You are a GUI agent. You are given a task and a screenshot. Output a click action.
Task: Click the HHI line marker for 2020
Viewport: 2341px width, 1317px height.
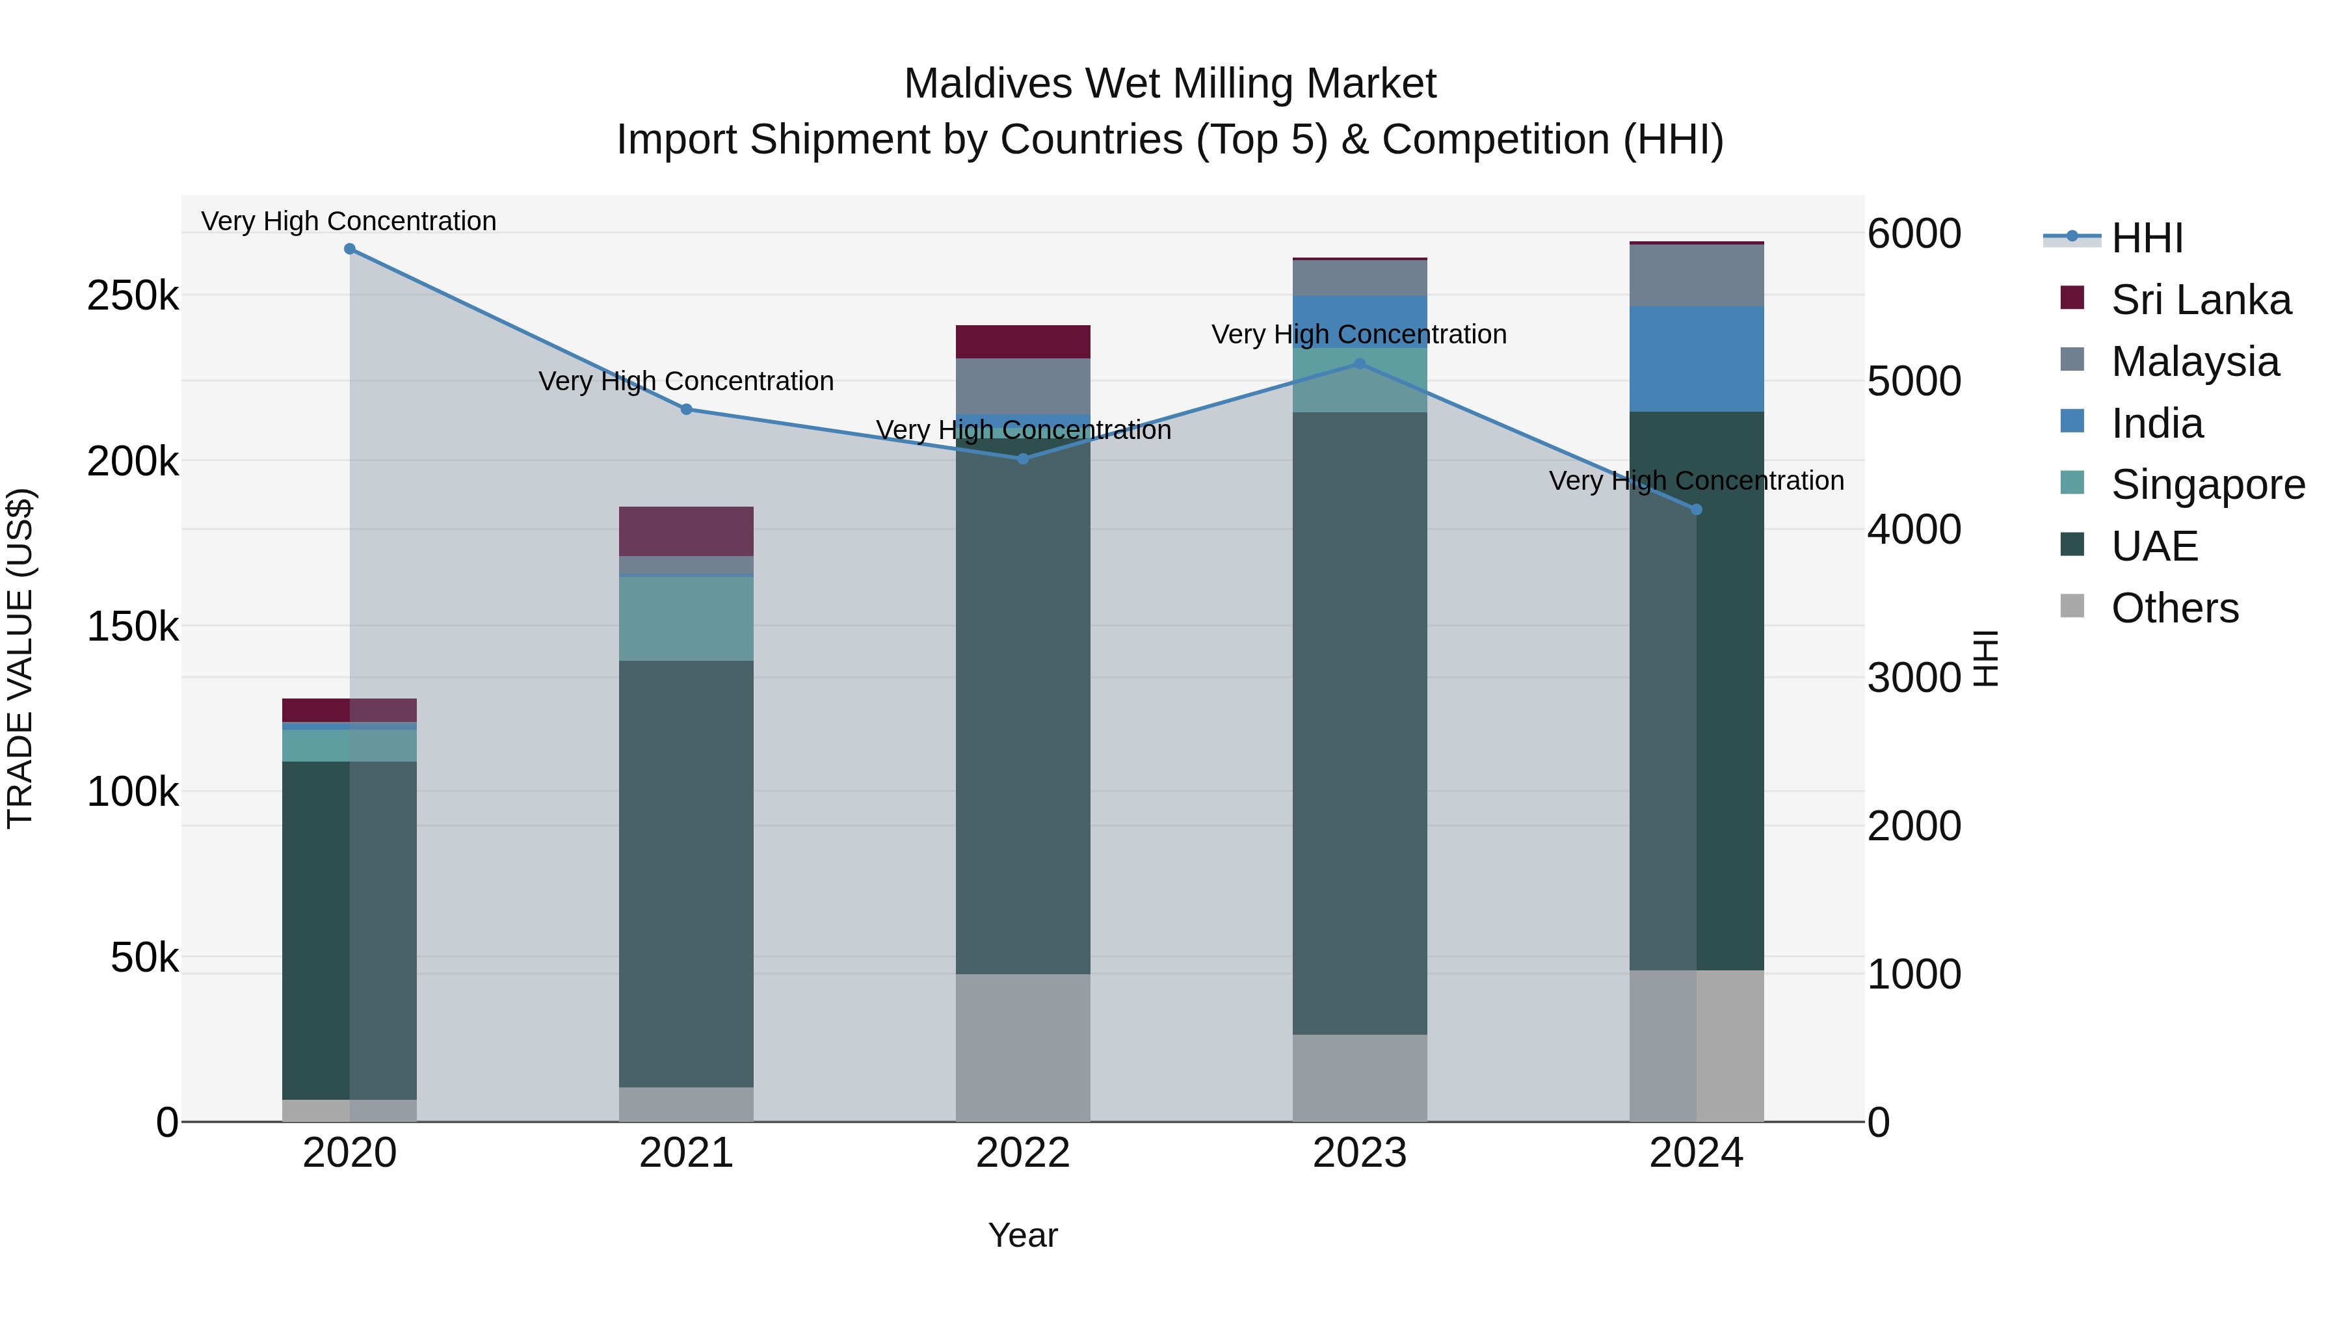click(350, 249)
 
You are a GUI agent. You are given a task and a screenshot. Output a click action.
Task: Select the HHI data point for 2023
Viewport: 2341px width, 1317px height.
click(1360, 364)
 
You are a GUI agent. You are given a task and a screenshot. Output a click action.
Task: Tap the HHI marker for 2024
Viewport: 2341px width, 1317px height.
click(1696, 510)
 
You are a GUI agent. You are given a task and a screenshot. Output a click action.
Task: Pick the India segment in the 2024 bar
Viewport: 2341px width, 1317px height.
click(1696, 359)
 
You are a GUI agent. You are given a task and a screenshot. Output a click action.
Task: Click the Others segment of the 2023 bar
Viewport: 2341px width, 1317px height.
click(1360, 1078)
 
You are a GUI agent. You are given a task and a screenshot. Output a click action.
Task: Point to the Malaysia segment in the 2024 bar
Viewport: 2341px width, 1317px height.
click(1696, 275)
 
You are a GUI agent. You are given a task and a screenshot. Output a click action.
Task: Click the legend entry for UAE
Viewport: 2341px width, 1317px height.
click(2154, 546)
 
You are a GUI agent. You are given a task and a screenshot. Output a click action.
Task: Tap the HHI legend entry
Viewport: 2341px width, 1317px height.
click(2146, 238)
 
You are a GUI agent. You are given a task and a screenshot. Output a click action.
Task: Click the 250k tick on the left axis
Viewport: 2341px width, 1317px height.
click(133, 297)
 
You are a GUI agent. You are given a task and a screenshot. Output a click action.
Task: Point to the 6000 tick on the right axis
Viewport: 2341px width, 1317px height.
click(1913, 233)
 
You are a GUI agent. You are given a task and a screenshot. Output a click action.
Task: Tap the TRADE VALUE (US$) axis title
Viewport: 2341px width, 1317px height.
click(21, 658)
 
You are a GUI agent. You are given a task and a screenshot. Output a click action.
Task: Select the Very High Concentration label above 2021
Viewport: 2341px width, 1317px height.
click(686, 381)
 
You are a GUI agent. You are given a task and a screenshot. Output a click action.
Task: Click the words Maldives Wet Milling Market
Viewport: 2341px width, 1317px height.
click(1170, 84)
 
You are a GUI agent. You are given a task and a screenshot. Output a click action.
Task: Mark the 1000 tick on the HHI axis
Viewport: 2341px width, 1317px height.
click(1913, 974)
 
